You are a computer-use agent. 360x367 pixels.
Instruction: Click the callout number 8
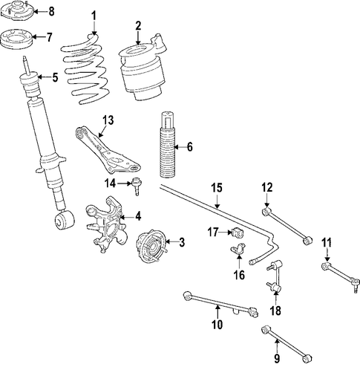coord(51,12)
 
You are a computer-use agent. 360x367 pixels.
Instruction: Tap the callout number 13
coord(108,120)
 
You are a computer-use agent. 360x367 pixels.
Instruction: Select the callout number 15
coord(217,188)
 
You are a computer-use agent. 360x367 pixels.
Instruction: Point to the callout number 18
coord(275,311)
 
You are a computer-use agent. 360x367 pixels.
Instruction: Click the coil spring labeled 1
coord(85,69)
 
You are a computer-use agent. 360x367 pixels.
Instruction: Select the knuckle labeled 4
coord(105,224)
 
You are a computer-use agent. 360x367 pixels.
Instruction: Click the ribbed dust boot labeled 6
coord(168,145)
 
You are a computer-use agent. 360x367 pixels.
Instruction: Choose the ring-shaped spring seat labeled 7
coord(16,40)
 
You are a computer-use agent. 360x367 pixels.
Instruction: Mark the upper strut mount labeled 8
coord(17,11)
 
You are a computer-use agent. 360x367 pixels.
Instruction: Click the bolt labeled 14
coord(136,186)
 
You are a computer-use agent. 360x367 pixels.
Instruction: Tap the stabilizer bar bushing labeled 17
coord(238,232)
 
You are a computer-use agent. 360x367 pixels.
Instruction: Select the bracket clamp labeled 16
coord(238,249)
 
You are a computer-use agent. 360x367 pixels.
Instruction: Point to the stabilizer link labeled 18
coord(275,276)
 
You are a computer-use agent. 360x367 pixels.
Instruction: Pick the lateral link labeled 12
coord(287,226)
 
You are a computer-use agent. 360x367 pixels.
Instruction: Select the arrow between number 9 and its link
coord(277,347)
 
